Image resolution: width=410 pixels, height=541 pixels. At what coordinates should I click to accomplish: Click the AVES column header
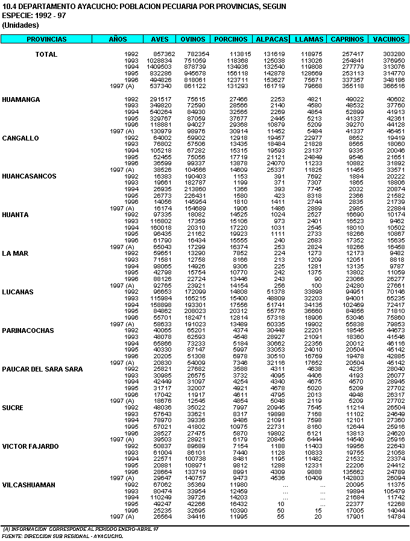tap(160, 39)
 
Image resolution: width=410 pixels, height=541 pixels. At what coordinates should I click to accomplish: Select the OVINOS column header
tap(193, 39)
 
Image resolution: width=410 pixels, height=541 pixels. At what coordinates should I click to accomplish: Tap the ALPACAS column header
tap(271, 39)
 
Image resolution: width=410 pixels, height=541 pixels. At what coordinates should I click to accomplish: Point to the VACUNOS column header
tap(388, 39)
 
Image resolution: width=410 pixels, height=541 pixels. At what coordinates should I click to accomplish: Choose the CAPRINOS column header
tap(347, 39)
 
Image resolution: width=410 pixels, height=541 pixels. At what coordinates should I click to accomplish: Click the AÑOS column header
tap(118, 39)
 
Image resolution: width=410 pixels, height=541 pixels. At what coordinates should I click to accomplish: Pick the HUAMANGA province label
tap(21, 99)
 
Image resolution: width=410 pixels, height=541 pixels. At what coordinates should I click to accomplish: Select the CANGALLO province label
tap(20, 138)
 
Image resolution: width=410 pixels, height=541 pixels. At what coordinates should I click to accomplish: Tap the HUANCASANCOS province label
tap(28, 176)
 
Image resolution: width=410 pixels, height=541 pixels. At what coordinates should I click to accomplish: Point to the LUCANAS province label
tap(18, 292)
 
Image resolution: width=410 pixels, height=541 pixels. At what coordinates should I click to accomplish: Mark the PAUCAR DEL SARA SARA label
tap(42, 369)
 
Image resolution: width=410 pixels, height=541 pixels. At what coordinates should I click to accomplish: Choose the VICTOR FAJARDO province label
tap(30, 446)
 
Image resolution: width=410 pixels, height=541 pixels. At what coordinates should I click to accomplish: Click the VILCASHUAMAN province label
tap(28, 485)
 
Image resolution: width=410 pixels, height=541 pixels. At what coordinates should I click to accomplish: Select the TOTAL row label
tap(46, 54)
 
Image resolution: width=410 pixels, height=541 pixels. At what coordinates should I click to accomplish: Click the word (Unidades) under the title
tap(20, 25)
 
